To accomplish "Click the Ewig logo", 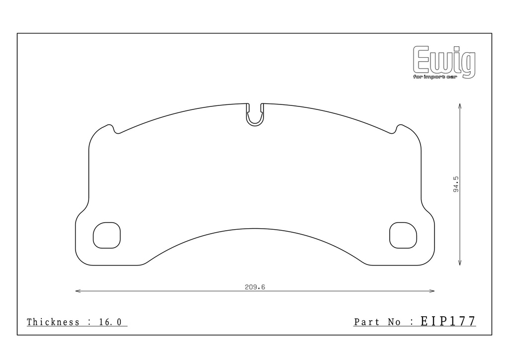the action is pos(444,62).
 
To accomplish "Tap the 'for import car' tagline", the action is pos(435,77).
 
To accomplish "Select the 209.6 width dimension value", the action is pos(255,287).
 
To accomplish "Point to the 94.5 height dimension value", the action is pos(456,184).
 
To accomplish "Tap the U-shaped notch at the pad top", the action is pos(255,124).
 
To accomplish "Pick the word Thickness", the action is pos(53,322).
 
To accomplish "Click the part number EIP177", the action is pos(448,321).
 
